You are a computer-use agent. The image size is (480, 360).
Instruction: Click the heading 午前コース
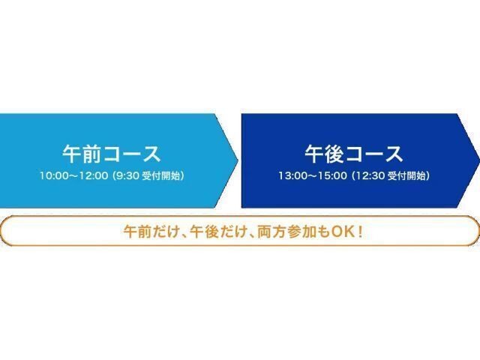tap(111, 154)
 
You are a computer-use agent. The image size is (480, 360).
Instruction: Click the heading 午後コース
tap(354, 154)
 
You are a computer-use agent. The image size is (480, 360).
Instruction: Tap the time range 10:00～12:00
tap(73, 176)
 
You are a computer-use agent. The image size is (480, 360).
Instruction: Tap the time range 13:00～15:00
tap(312, 176)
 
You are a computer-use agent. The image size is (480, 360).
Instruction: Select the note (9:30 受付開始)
tap(148, 176)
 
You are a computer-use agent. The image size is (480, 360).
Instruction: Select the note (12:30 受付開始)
tap(390, 176)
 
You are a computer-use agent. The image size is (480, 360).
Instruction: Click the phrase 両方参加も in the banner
tap(286, 231)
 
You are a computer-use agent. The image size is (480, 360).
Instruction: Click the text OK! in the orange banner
tap(343, 231)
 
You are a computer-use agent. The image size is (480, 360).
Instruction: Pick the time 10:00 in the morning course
tap(53, 176)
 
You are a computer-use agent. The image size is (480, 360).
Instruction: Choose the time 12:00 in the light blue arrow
tap(94, 176)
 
